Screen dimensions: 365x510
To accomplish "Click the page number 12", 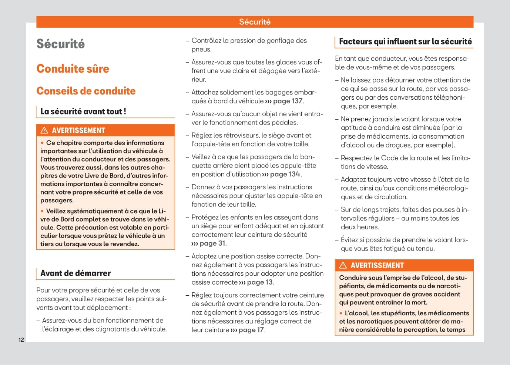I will tap(21, 340).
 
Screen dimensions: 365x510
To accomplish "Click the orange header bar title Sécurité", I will tap(255, 22).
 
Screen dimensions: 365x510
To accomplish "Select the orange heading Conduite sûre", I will tap(73, 69).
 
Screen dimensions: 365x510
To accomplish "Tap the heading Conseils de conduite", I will tap(86, 91).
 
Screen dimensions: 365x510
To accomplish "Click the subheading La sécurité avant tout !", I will tap(83, 112).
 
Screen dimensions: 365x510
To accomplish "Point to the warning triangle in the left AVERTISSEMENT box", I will tap(44, 130).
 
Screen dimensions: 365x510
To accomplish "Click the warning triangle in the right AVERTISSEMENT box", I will tap(343, 265).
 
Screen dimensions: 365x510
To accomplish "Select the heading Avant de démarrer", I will tap(76, 273).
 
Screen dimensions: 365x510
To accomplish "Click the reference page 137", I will tap(288, 101).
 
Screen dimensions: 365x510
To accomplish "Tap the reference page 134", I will tap(285, 174).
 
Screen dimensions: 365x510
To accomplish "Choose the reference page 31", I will tap(212, 243).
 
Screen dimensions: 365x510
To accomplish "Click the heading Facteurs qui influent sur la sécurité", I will tap(405, 42).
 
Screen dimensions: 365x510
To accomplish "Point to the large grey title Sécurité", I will tap(61, 44).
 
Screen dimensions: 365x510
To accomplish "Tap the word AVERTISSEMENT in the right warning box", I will tap(377, 265).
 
